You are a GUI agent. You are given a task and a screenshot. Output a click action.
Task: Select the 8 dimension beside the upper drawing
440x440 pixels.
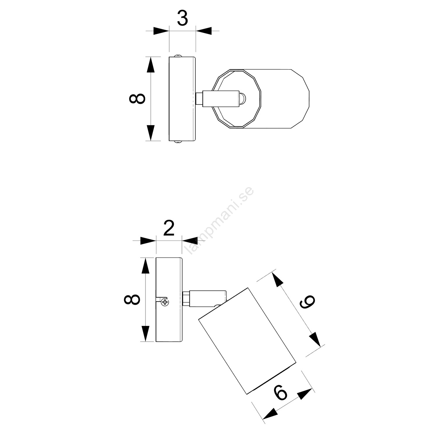137,99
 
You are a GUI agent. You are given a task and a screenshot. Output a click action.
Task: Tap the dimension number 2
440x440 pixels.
169,229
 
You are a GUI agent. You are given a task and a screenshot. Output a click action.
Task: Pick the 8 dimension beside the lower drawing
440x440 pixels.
132,299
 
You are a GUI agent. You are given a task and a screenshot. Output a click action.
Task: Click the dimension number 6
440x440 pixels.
281,392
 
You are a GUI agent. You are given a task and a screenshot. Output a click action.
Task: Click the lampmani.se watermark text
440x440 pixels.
219,221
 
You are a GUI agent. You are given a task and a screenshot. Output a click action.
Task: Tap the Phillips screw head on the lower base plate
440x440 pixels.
165,302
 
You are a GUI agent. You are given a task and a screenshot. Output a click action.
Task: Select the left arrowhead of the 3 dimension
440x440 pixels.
161,31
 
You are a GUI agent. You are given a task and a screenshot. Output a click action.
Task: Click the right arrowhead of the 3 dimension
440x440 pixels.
204,31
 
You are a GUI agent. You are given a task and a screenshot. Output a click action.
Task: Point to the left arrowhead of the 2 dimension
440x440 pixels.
148,241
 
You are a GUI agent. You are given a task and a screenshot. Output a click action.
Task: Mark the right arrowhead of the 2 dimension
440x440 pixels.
190,241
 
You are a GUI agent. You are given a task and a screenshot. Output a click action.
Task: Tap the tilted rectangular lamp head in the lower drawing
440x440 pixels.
247,341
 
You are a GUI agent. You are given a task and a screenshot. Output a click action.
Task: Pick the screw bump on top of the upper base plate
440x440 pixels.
178,55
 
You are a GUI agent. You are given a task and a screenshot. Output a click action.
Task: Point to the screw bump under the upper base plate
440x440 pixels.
178,142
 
